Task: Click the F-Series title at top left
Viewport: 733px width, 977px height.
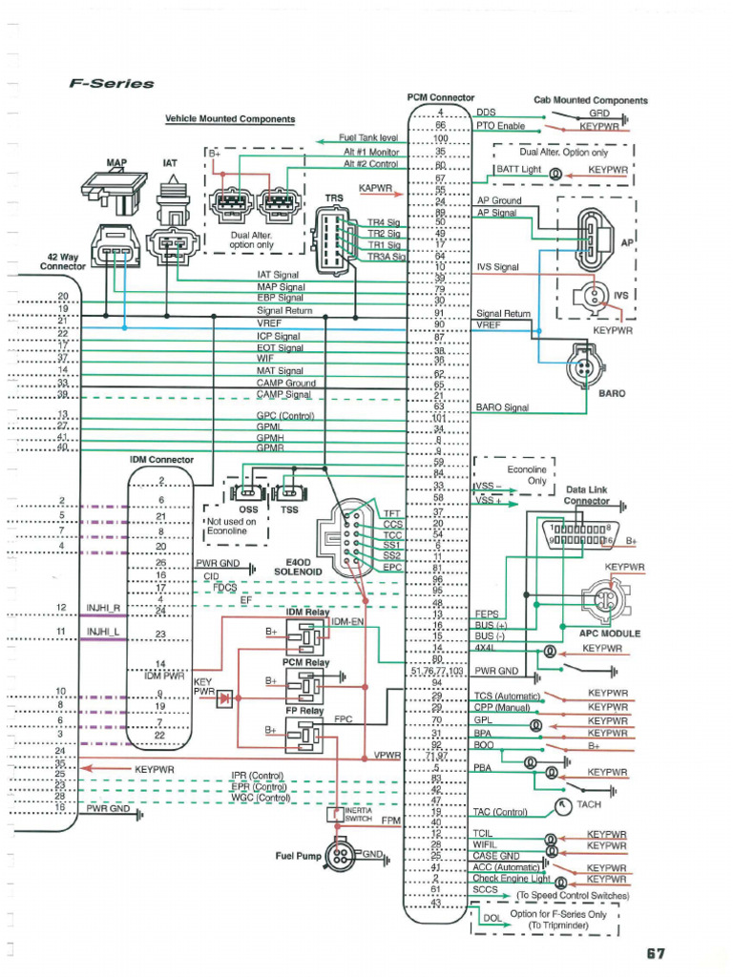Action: coord(112,84)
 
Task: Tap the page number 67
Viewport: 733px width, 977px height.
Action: coord(656,953)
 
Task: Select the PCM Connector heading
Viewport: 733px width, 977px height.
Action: coord(440,98)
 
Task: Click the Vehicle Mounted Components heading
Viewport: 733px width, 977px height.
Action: coord(230,119)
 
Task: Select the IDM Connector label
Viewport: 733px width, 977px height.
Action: coord(161,460)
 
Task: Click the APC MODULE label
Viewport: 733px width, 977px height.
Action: coord(610,633)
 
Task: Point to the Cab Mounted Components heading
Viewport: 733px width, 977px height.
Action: coord(590,100)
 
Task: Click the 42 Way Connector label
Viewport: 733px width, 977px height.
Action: coord(62,262)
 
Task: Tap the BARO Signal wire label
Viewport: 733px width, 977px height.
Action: coord(502,407)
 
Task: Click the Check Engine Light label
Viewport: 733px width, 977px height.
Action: coord(513,878)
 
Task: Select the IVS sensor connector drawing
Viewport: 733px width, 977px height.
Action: coord(588,293)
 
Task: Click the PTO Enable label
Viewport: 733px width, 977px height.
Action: coord(501,126)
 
